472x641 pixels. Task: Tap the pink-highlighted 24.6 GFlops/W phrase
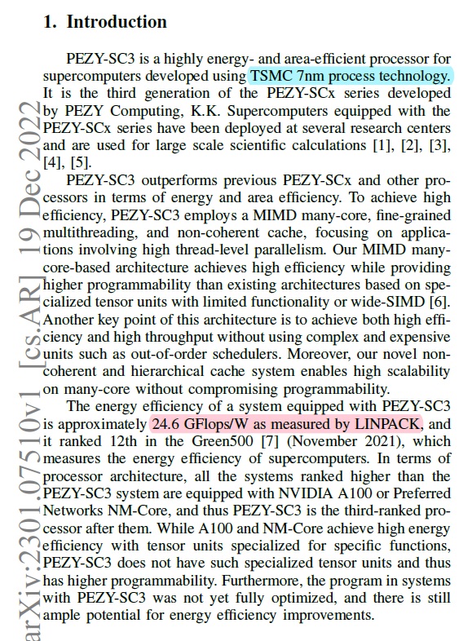pyautogui.click(x=287, y=424)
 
